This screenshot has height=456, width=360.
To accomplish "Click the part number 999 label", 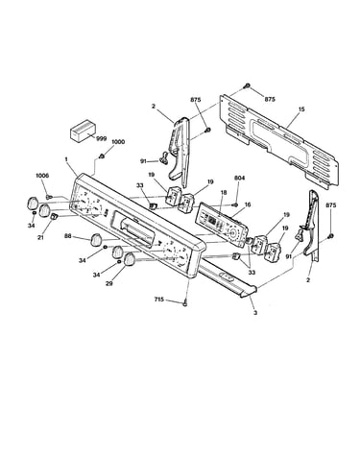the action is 101,138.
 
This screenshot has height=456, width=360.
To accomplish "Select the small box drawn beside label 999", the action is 83,131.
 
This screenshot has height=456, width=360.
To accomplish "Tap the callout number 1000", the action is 118,142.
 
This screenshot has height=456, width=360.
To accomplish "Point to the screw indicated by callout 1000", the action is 102,156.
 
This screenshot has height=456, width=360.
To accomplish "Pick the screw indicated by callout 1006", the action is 49,197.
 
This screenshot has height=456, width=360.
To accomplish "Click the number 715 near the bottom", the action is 159,300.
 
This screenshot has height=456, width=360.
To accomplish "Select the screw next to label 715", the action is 184,303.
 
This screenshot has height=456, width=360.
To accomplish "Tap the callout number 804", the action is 239,178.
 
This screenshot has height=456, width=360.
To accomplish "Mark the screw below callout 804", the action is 235,204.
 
